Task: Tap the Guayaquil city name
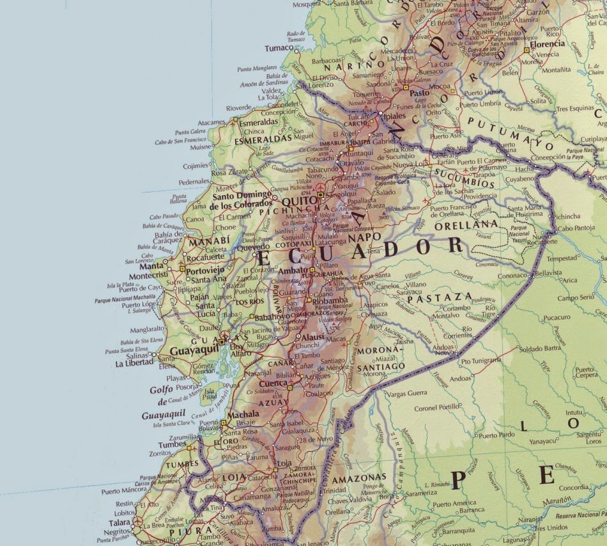coord(194,351)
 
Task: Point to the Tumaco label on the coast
coord(279,47)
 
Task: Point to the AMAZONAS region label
coord(363,477)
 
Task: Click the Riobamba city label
coord(332,300)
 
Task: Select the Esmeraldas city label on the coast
coord(259,121)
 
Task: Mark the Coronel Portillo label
coord(437,407)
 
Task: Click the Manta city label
coord(151,266)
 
